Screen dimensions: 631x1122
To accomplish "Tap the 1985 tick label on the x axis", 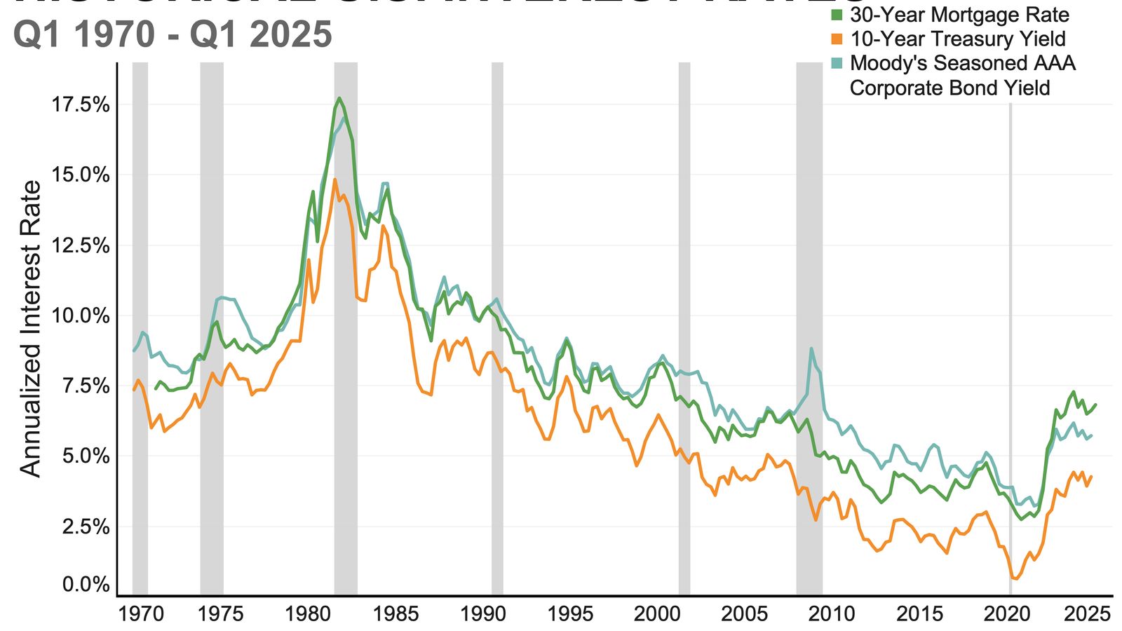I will (x=395, y=614).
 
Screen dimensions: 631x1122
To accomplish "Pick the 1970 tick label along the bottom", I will (x=141, y=614).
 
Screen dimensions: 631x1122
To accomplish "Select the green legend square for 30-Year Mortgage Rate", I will (x=837, y=15).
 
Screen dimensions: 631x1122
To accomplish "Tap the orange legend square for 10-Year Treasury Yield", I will (x=837, y=39).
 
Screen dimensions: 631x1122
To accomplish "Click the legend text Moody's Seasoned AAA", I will (x=962, y=63).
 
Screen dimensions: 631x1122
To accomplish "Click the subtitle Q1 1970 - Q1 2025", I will (x=173, y=34).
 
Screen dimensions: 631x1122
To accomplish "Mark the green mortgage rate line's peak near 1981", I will (x=339, y=98).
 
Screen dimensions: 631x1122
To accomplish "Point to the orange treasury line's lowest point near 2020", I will (x=1014, y=578).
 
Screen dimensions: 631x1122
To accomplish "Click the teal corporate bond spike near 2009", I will (x=811, y=348).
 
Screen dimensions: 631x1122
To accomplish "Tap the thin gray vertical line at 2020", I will (x=1011, y=280).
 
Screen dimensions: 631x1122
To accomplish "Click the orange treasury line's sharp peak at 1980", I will (x=309, y=260).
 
